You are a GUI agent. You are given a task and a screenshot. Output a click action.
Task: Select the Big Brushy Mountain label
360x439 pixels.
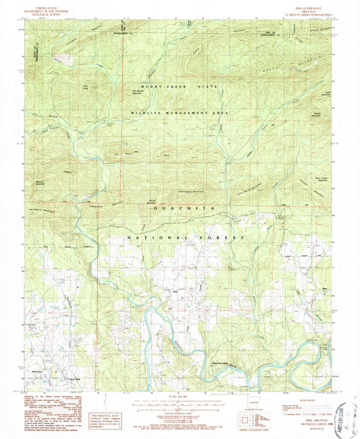[143, 88]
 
